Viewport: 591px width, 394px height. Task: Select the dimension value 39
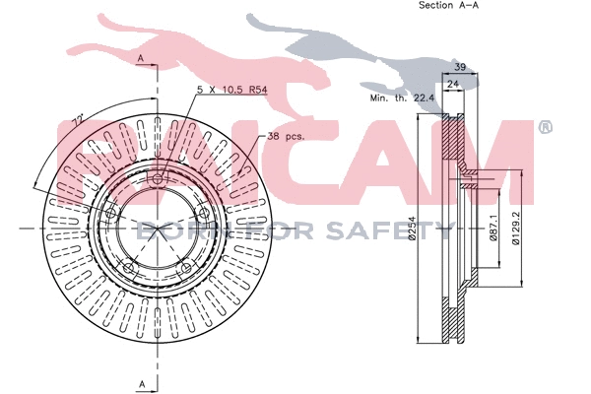tap(459, 67)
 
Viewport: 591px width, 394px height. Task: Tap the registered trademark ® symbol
tap(546, 128)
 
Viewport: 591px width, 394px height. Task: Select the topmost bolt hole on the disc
tap(158, 178)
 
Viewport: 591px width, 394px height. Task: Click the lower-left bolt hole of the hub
tap(127, 268)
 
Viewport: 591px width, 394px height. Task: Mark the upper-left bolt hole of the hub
tap(109, 213)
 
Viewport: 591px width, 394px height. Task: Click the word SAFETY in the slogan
tap(405, 231)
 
